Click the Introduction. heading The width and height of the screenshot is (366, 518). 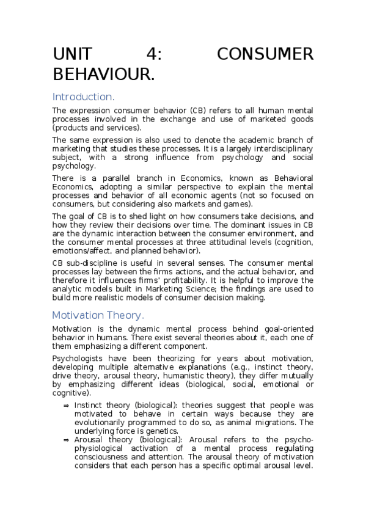click(84, 97)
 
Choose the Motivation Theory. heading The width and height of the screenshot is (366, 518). click(98, 315)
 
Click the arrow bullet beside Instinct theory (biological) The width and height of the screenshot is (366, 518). click(66, 405)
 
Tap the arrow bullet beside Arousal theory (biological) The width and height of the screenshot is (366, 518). click(66, 440)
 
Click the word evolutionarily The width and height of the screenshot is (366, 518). click(104, 422)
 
